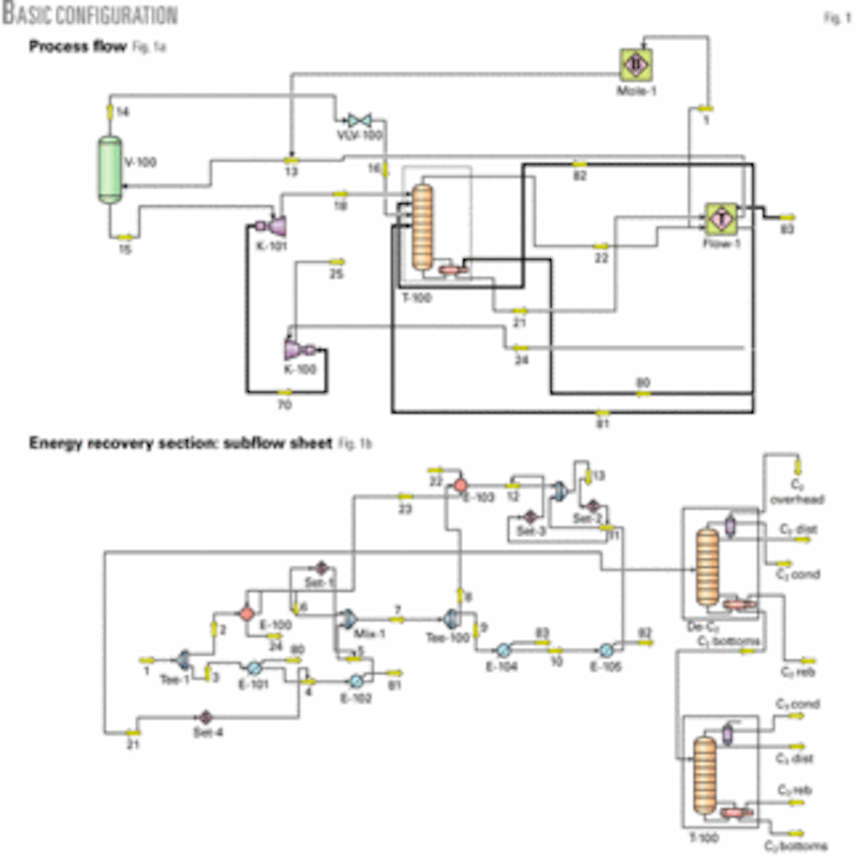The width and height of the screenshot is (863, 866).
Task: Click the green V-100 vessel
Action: point(109,170)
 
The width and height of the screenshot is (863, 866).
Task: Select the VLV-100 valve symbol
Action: point(358,120)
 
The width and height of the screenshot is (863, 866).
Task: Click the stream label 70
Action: point(285,405)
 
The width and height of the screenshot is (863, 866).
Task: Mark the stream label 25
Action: point(337,274)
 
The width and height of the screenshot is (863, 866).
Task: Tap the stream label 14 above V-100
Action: point(123,112)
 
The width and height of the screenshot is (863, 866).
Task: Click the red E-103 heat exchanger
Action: point(460,486)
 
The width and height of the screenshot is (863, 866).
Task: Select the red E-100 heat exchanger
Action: point(247,613)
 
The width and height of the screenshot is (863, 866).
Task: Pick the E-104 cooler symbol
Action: point(503,649)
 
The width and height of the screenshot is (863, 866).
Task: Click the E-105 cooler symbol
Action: point(606,649)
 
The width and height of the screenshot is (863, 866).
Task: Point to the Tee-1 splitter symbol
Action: point(183,658)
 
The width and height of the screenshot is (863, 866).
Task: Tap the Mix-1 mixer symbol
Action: point(347,619)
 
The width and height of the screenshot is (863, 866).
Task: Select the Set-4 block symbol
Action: point(205,717)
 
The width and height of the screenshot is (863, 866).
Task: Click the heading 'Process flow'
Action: point(78,47)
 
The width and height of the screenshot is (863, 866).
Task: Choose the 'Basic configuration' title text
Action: point(90,14)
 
